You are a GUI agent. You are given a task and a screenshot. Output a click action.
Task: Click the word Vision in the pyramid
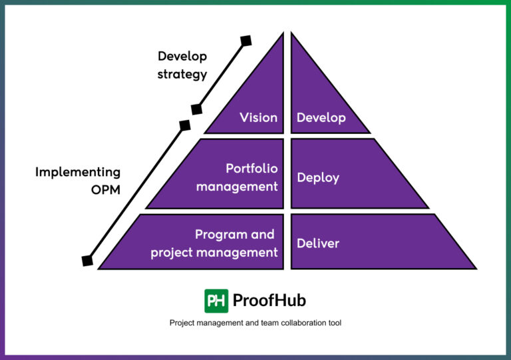click(258, 118)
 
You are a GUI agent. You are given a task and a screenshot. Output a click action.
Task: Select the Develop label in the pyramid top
click(321, 118)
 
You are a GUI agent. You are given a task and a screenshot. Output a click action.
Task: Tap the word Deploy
click(317, 178)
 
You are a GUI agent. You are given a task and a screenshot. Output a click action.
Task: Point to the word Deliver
click(317, 243)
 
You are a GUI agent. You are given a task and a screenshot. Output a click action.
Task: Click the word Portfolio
click(252, 169)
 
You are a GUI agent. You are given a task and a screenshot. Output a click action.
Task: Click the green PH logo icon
click(216, 300)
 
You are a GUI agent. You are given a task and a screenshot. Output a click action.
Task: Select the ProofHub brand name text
click(269, 300)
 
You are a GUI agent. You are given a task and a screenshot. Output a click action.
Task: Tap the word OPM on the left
click(105, 190)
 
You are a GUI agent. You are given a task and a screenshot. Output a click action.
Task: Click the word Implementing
click(78, 172)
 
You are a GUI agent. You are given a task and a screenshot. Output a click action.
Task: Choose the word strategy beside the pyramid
click(182, 74)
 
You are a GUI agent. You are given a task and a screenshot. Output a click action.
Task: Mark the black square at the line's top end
click(246, 41)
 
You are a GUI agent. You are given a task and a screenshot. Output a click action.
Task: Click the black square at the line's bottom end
click(87, 261)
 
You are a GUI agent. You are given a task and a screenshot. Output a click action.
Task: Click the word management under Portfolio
click(237, 186)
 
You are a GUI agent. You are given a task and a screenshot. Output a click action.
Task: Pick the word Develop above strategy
click(182, 56)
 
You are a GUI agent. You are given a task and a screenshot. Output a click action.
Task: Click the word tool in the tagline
click(335, 323)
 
